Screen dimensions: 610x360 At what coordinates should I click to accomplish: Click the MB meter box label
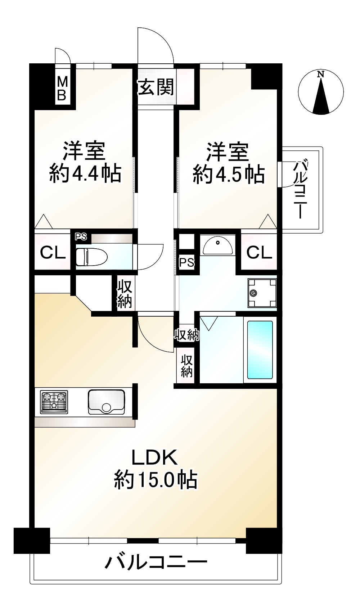pyautogui.click(x=62, y=89)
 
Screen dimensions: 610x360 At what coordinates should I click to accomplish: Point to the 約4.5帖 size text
pyautogui.click(x=229, y=174)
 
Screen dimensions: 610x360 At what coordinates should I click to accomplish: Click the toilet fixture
pyautogui.click(x=91, y=257)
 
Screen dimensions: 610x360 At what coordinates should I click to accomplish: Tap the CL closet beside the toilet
pyautogui.click(x=53, y=253)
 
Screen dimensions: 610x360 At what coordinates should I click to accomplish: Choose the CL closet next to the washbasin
pyautogui.click(x=259, y=253)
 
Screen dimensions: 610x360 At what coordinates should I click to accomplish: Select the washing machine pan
pyautogui.click(x=262, y=293)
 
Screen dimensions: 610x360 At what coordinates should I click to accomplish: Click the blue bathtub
pyautogui.click(x=260, y=349)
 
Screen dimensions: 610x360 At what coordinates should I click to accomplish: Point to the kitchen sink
pyautogui.click(x=107, y=402)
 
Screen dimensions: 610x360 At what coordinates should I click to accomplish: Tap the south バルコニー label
pyautogui.click(x=156, y=562)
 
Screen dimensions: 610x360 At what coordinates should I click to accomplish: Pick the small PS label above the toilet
pyautogui.click(x=81, y=237)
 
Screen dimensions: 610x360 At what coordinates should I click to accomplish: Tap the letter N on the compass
pyautogui.click(x=320, y=74)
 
